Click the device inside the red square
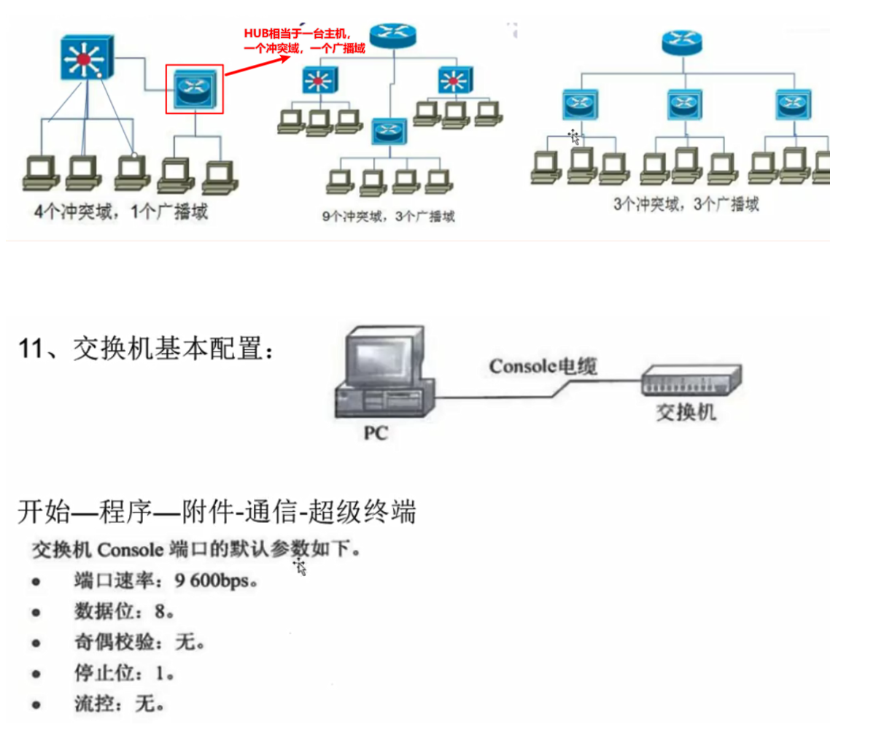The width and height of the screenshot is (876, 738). click(x=194, y=88)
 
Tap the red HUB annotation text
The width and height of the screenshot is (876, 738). click(x=303, y=41)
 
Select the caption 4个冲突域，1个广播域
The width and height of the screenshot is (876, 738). click(x=121, y=212)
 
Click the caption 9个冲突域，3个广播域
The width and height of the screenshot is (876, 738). click(x=388, y=216)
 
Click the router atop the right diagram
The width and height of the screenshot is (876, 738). click(x=683, y=42)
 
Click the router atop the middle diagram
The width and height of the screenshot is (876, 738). click(x=392, y=35)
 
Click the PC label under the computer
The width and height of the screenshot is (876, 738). click(x=376, y=433)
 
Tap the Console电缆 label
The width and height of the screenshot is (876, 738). click(x=543, y=365)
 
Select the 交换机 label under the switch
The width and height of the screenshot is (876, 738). click(x=686, y=412)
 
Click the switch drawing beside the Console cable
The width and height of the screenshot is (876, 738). click(x=690, y=380)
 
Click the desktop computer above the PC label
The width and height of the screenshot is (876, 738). click(x=384, y=372)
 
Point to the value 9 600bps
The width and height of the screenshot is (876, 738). click(x=216, y=581)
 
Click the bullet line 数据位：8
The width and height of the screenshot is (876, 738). click(x=123, y=611)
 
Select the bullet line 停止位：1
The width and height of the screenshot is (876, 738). click(x=123, y=672)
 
